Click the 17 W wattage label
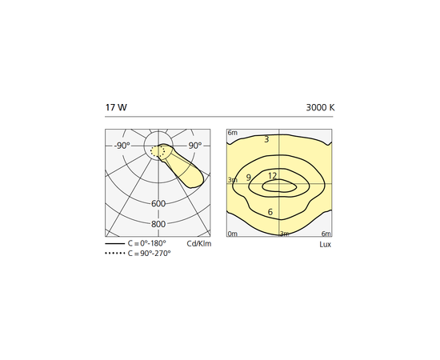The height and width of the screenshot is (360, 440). click(116, 107)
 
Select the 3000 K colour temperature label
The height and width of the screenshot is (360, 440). click(320, 107)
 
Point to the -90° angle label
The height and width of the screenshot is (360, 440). click(122, 146)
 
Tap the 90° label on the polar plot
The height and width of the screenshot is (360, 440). click(195, 146)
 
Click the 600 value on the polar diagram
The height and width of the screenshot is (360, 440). click(158, 204)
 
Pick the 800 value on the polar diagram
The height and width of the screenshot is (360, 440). click(158, 224)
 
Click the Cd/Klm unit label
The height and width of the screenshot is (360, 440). click(199, 243)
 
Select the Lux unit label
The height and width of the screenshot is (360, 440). click(326, 244)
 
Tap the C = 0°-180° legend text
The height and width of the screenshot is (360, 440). click(146, 243)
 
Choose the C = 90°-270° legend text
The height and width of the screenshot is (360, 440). click(149, 254)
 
